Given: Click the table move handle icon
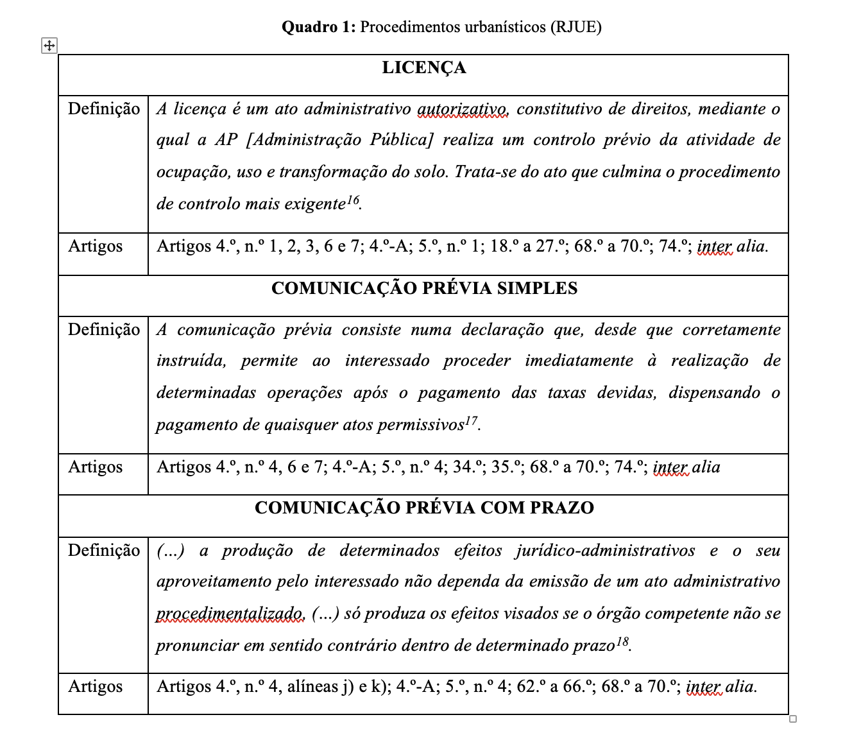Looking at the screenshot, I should point(49,46).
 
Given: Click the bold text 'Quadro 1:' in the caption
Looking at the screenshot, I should point(319,27).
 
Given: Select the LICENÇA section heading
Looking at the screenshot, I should point(423,68).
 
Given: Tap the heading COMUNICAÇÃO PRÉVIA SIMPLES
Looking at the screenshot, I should point(424,288).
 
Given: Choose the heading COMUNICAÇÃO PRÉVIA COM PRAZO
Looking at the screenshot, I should point(424,508).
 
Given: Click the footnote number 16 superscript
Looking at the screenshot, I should point(353,200).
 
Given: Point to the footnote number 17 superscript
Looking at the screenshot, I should point(472,420).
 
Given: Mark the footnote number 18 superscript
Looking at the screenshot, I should point(622,641).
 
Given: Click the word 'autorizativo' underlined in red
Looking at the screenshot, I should point(463,109).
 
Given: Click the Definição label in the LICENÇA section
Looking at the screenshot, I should point(104,109).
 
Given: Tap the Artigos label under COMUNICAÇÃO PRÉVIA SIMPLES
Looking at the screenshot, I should point(96,467).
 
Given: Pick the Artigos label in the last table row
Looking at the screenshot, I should point(96,686).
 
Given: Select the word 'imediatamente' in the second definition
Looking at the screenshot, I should point(579,361).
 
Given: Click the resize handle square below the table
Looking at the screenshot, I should point(793,719).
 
